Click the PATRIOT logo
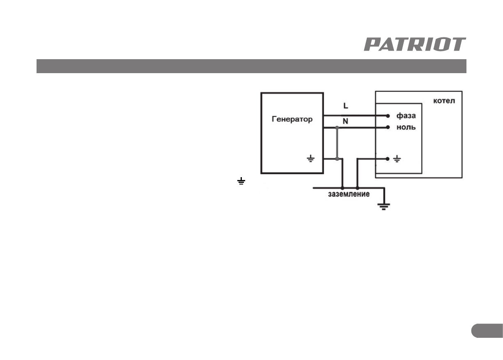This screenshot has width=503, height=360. [x=415, y=44]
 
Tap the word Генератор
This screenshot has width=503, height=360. [x=292, y=120]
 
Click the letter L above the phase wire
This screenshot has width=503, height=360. [x=345, y=106]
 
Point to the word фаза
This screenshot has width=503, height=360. [x=406, y=116]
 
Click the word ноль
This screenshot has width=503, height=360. [x=406, y=127]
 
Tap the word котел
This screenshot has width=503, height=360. [x=444, y=101]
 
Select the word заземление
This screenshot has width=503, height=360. [x=349, y=194]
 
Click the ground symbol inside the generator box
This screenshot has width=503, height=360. [x=311, y=158]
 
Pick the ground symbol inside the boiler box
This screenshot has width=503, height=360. [x=397, y=158]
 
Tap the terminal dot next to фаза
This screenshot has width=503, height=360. [x=388, y=116]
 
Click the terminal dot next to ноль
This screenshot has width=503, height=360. [x=388, y=127]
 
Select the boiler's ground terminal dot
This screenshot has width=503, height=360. [x=388, y=158]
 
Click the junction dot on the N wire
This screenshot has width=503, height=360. [x=337, y=128]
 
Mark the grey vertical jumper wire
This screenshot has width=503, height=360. [x=337, y=143]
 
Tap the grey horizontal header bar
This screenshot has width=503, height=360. [x=251, y=66]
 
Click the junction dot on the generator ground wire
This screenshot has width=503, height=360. [x=337, y=159]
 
